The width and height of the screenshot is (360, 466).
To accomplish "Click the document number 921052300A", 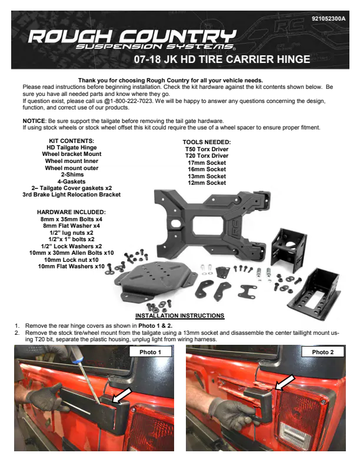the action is point(328,19).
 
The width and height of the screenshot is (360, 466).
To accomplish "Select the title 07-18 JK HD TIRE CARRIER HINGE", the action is point(222,59).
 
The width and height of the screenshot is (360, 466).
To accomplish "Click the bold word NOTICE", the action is point(34,121).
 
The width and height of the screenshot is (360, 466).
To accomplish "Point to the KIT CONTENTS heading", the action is point(72,141).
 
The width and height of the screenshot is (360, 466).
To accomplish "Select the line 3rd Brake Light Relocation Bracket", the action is point(72,195).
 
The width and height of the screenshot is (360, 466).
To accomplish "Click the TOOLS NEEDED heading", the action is point(206,142).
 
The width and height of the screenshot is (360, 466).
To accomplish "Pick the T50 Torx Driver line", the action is point(206,149).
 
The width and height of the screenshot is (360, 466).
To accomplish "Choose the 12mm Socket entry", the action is point(206,183).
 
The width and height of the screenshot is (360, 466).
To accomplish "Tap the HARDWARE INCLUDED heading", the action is point(71,212).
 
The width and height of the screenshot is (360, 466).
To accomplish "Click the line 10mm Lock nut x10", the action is point(71,259).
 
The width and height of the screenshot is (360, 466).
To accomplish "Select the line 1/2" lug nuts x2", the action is point(71,232).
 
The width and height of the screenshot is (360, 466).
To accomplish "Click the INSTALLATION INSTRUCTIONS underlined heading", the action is point(179,315).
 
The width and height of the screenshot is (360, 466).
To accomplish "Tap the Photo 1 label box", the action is point(151,352).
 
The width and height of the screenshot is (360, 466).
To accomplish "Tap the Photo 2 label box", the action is point(322,352).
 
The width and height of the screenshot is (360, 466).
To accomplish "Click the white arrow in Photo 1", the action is point(122,395).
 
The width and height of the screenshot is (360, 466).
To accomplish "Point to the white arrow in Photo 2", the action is point(285,382).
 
